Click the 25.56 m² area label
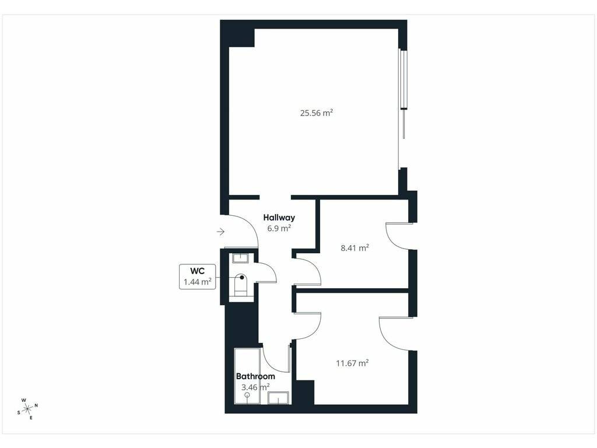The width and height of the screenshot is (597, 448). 317,113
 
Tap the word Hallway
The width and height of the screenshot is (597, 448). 279,218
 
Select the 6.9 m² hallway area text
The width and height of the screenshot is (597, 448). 279,228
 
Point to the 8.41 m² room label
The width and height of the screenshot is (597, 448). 354,248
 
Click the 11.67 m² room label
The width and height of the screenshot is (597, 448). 352,363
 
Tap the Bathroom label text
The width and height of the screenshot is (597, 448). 255,376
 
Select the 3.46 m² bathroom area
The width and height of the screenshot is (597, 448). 255,387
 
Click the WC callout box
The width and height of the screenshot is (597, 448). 197,276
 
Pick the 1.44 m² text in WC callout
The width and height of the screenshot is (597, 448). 197,282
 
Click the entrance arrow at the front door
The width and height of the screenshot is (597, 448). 221,231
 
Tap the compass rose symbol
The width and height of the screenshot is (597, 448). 27,409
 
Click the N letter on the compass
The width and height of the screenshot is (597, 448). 36,405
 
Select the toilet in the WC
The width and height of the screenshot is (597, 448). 240,284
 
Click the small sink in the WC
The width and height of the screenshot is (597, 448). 241,258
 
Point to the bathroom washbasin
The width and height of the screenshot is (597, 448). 278,398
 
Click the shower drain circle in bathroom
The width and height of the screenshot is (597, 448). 247,395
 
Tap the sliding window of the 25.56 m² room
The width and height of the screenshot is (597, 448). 402,93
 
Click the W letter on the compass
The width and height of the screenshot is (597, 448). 23,400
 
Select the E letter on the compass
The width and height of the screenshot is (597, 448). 31,418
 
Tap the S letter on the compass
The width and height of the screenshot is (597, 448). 18,412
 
